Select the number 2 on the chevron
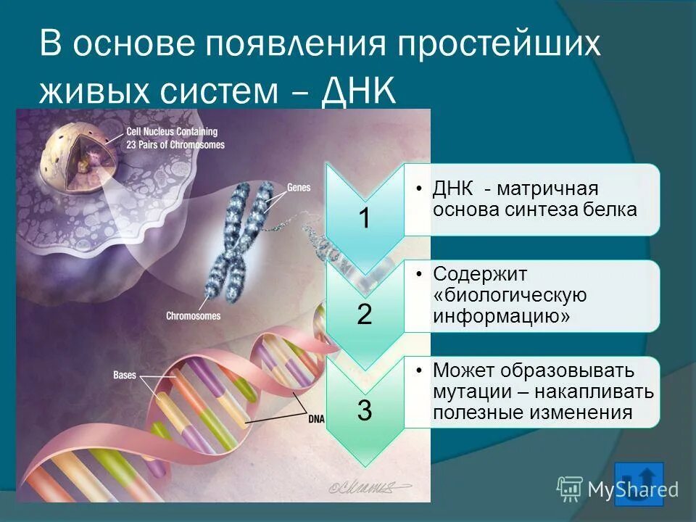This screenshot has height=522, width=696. click(365, 314)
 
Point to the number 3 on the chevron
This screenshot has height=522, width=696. click(365, 411)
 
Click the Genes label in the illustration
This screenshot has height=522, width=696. click(299, 188)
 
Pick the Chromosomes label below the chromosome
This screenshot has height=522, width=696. click(193, 316)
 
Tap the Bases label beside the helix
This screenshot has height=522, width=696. click(125, 376)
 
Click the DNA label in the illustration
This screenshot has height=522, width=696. click(316, 418)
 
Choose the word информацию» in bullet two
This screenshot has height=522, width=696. click(501, 317)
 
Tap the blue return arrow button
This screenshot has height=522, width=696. click(638, 484)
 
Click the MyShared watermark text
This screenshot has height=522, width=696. click(632, 489)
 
